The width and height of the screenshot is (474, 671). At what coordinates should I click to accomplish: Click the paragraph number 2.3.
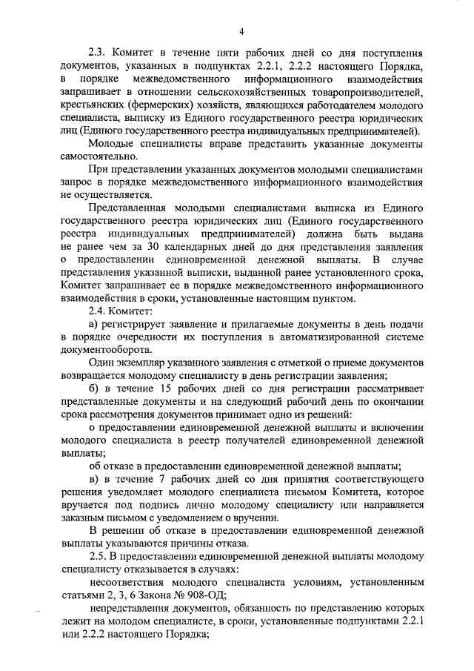[x=98, y=53]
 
